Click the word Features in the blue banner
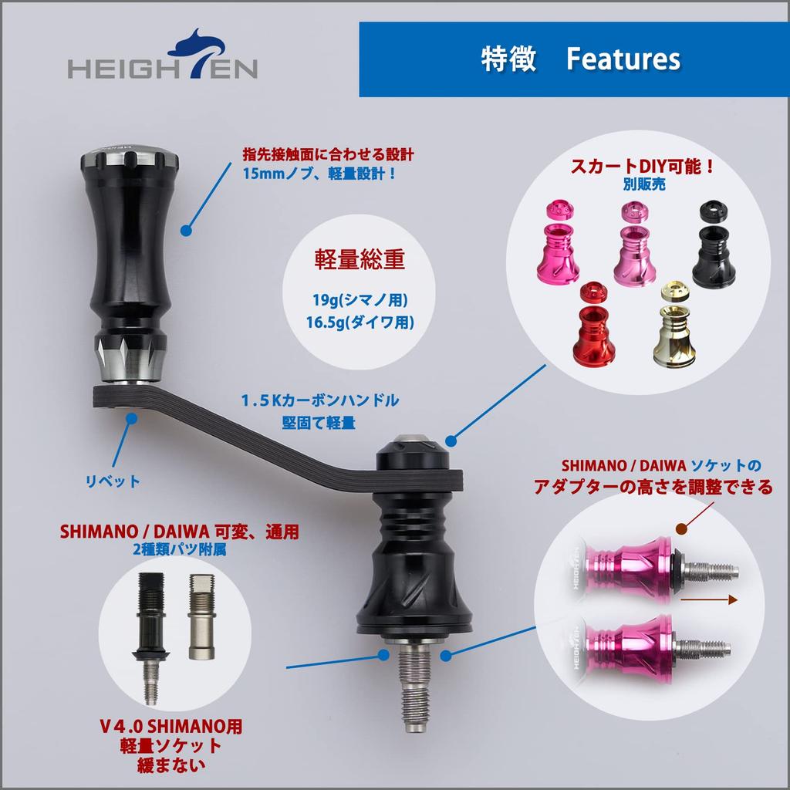(x=623, y=59)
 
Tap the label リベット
(x=113, y=481)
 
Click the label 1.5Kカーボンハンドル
(x=319, y=400)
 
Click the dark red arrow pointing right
(x=707, y=599)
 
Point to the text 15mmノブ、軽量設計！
(x=319, y=174)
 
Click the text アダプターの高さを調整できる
(x=653, y=488)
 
